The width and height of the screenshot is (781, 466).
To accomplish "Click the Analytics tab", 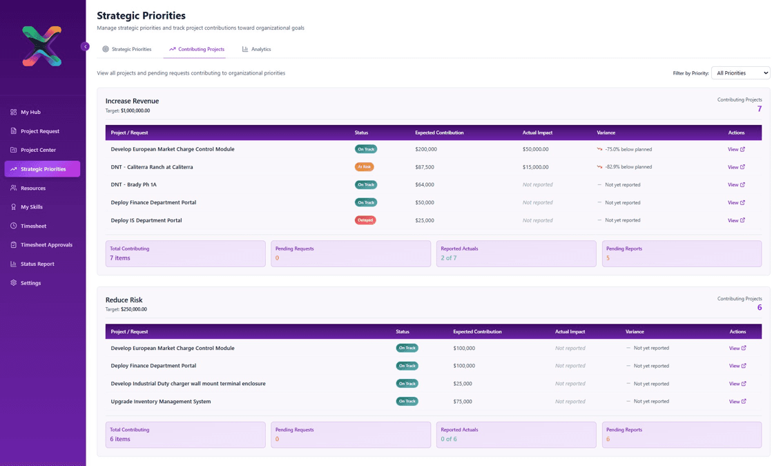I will [x=256, y=49].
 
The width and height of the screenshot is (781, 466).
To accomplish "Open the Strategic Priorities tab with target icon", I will [x=127, y=49].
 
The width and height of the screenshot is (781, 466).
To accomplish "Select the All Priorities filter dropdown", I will [x=740, y=72].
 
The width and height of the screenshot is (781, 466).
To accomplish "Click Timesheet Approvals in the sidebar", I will [x=46, y=244].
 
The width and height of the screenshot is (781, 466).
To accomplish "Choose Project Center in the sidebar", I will [x=38, y=150].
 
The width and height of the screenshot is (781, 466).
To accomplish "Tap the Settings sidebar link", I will [x=30, y=283].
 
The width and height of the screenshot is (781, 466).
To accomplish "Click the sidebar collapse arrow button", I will [x=85, y=46].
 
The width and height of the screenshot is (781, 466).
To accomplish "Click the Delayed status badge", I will [x=365, y=220].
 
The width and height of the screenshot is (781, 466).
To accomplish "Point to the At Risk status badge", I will [x=364, y=167].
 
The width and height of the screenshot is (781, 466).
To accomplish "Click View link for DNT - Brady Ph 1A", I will [x=736, y=185].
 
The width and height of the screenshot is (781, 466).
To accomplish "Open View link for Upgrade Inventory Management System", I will [x=737, y=401].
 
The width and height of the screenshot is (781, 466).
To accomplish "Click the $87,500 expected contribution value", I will [x=425, y=167].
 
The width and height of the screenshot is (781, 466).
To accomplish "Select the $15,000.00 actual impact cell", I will [x=535, y=167].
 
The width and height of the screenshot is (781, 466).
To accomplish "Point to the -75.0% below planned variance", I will [x=628, y=149].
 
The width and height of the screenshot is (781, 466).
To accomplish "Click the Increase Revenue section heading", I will [x=132, y=101].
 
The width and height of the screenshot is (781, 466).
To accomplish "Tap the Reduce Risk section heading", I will [x=124, y=300].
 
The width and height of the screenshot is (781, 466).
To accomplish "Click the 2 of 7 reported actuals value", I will [x=449, y=258].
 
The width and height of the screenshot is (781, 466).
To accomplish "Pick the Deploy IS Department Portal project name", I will [x=146, y=220].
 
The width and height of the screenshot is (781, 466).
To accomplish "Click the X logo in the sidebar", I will [x=41, y=46].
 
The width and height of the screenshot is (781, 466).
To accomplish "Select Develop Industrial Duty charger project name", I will [x=188, y=383].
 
